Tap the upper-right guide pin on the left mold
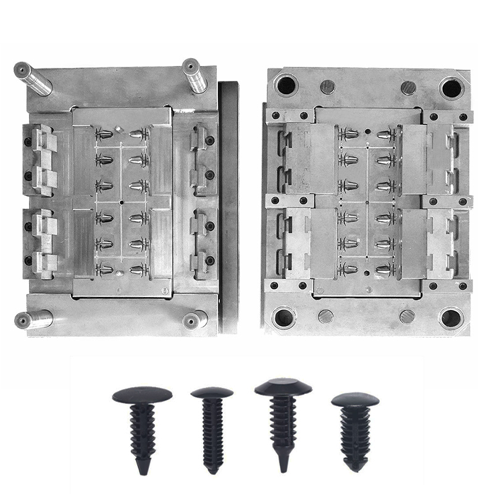point(195,75)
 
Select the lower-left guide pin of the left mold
point(33,319)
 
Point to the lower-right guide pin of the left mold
point(195,319)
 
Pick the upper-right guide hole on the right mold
point(451,87)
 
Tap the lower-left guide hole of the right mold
point(285,318)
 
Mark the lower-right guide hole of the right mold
point(451,318)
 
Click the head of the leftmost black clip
point(142,394)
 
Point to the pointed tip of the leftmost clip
point(143,471)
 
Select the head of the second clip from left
point(212,393)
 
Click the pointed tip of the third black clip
point(283,469)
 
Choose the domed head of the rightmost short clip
point(355,400)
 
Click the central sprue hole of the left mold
point(122,202)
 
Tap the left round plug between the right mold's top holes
point(328,86)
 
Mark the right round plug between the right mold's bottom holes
point(407,316)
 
